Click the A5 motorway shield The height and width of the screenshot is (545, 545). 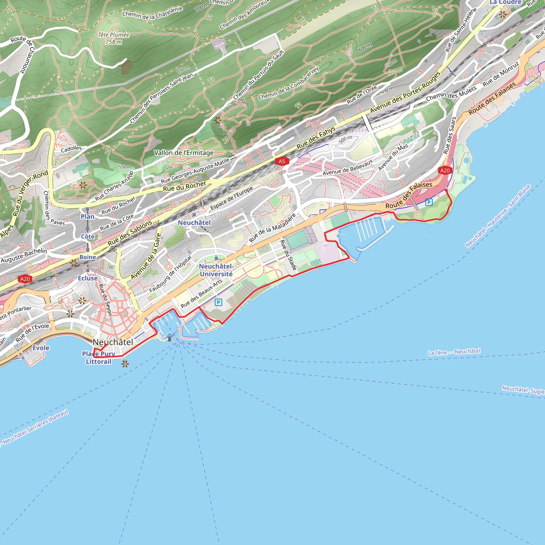pos(282,161)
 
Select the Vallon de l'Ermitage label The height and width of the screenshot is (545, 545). pos(184,153)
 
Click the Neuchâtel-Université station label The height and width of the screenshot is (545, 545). pos(216,270)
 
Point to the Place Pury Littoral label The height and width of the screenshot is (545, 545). pos(98,358)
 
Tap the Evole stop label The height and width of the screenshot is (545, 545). pos(41,348)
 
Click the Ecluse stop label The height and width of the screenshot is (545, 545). pos(88,278)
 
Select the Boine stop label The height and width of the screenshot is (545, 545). pos(88,257)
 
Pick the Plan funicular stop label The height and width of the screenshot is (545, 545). pos(88,216)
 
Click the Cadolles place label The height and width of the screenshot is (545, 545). pos(71,149)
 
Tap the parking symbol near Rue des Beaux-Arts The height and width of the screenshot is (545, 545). pos(218,302)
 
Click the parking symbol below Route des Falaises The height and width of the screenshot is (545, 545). pos(429,202)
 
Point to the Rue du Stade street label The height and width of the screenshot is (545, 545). pos(288,255)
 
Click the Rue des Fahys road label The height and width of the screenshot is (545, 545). pos(316,137)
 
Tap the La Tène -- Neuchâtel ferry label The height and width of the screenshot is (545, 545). pos(454,352)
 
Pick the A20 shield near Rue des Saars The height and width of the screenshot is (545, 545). pos(445,170)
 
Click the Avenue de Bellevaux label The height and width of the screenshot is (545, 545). pos(348,167)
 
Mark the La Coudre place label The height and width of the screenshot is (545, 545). pos(505,2)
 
